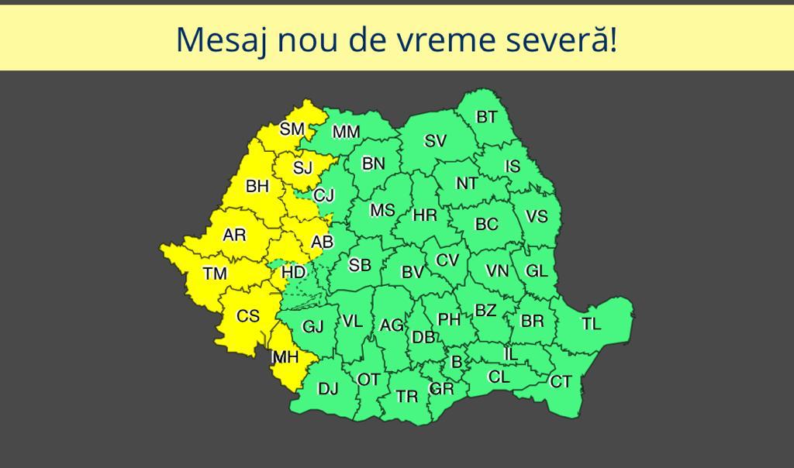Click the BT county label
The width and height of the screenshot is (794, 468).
[487, 118]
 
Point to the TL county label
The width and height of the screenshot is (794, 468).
[592, 324]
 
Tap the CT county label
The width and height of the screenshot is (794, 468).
[561, 381]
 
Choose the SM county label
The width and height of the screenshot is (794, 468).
[292, 129]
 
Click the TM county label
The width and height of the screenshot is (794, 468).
[215, 274]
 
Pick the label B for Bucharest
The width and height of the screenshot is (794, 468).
[457, 362]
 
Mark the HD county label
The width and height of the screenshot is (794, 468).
[293, 272]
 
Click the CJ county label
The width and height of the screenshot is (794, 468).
[323, 197]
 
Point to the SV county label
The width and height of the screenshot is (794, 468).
[436, 141]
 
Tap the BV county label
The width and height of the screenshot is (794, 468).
[413, 272]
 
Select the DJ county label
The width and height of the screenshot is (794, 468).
[328, 388]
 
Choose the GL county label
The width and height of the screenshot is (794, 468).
[537, 270]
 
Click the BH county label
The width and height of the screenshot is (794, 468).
[257, 187]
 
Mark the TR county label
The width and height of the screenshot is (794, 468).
[407, 397]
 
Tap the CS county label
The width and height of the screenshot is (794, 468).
[248, 316]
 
